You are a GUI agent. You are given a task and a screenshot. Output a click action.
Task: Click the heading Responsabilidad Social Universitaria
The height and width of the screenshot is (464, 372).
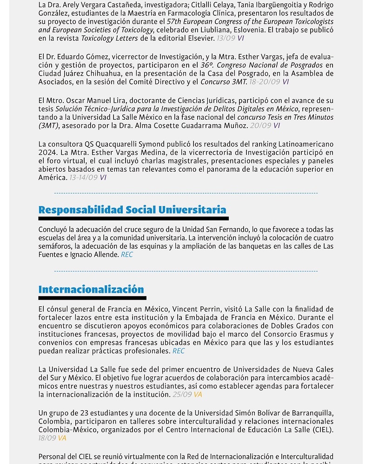[x=132, y=210]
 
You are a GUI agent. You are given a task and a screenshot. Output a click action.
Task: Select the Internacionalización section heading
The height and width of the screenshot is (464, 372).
[x=91, y=290]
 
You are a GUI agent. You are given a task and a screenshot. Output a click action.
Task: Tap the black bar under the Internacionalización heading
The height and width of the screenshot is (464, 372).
[x=92, y=298]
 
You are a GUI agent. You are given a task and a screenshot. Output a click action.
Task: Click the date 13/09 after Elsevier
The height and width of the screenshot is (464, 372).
[x=226, y=39]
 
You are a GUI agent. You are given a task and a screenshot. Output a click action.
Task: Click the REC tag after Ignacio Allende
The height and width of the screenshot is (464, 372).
[x=127, y=255]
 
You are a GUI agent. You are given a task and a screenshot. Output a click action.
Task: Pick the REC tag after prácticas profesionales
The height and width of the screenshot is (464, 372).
[x=179, y=351]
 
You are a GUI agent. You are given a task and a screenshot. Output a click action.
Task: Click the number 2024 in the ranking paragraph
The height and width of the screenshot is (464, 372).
[x=46, y=153]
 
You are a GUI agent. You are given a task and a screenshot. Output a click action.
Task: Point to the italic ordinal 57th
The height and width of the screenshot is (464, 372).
[x=174, y=22]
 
